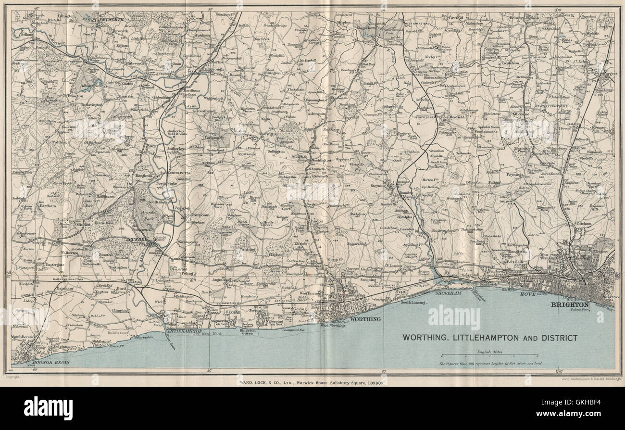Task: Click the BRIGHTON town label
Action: point(570,304)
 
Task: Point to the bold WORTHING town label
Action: point(366,319)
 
